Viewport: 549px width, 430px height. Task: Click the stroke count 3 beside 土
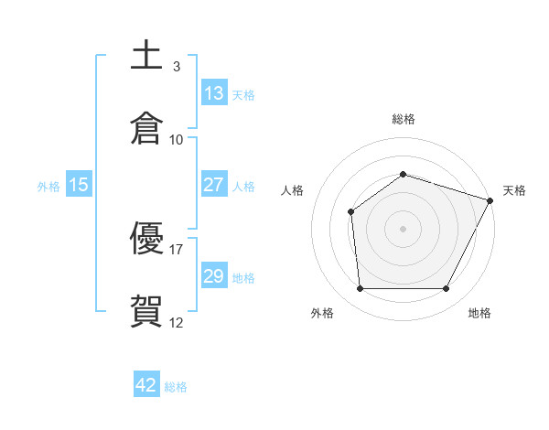point(177,67)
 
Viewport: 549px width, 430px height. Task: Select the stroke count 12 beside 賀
point(177,322)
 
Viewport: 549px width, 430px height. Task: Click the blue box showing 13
point(214,93)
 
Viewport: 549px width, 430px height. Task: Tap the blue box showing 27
point(214,185)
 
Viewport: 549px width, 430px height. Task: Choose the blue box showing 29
point(214,276)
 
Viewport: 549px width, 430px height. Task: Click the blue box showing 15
point(79,185)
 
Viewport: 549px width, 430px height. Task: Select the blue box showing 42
point(146,385)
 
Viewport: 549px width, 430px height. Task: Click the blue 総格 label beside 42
point(177,387)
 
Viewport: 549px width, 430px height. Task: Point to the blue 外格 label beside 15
point(48,187)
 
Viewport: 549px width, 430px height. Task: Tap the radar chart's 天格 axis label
point(514,190)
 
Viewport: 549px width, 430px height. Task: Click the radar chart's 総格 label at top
point(404,119)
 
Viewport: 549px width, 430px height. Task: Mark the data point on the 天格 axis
point(490,200)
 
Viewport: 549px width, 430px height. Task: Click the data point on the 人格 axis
point(350,212)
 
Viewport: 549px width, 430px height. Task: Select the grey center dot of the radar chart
point(404,229)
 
